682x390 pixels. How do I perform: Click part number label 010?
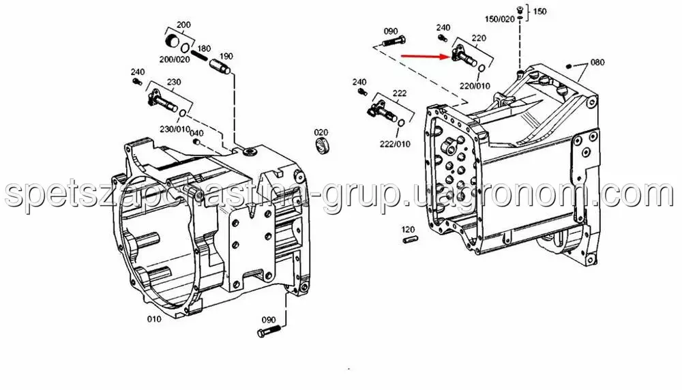coord(154,319)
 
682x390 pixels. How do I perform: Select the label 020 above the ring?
coord(321,132)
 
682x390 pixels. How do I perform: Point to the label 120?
coord(408,229)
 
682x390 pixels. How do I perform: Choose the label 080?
coord(597,62)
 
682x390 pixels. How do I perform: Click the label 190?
coord(226,56)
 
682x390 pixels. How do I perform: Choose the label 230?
coord(174,82)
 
